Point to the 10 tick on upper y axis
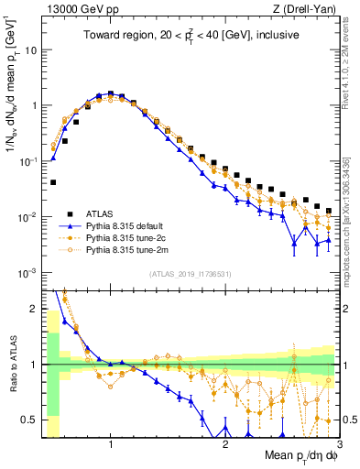pyautogui.click(x=32, y=49)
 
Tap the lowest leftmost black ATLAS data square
pyautogui.click(x=53, y=182)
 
